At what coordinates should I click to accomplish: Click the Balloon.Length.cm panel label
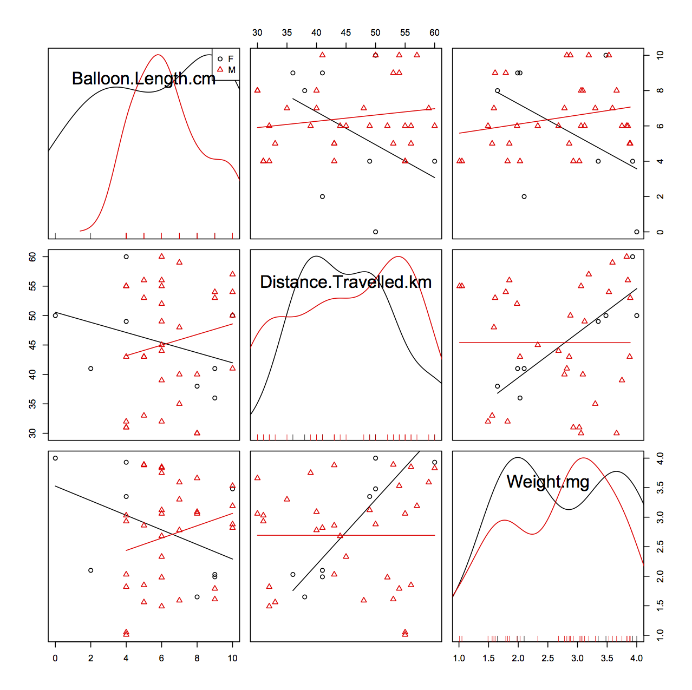tap(143, 79)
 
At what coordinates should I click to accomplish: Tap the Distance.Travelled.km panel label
tap(345, 282)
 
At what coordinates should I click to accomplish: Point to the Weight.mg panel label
tap(547, 481)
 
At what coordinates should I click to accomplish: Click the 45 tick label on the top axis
tap(345, 32)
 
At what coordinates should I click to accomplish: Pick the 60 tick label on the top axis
tap(434, 32)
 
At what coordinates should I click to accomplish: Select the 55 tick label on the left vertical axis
tap(33, 286)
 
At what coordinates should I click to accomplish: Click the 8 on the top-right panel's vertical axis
tap(660, 90)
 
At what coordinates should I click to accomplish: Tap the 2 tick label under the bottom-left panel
tap(90, 658)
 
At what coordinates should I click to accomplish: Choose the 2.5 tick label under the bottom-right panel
tap(547, 658)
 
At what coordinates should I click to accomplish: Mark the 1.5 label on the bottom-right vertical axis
tap(660, 604)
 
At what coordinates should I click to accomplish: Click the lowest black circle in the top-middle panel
tap(375, 232)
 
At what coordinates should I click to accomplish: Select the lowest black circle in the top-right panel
tap(636, 232)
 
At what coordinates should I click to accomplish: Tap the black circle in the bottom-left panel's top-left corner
tap(55, 458)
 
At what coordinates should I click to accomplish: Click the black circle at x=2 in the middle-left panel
tap(90, 369)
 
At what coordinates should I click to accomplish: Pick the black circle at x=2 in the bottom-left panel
tap(90, 570)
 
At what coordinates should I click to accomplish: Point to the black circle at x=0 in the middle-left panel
tap(55, 315)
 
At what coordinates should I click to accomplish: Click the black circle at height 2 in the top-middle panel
tap(322, 196)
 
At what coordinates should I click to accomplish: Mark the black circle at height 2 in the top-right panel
tap(524, 196)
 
